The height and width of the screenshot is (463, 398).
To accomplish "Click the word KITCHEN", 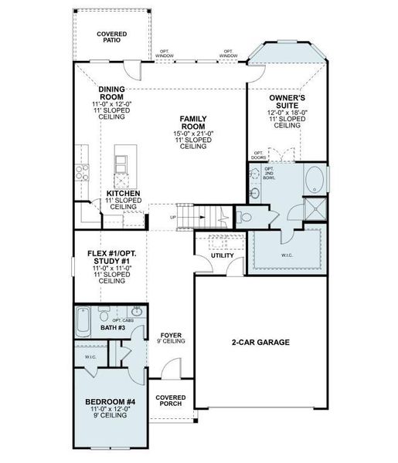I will pyautogui.click(x=123, y=193).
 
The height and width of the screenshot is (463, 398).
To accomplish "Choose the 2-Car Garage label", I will pyautogui.click(x=260, y=341).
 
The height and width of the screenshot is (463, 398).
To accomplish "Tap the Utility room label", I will pyautogui.click(x=223, y=255).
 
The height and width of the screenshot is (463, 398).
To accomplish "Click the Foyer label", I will pyautogui.click(x=170, y=336).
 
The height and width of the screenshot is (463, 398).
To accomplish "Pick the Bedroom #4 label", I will pyautogui.click(x=111, y=403).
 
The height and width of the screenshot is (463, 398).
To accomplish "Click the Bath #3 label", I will pyautogui.click(x=113, y=328).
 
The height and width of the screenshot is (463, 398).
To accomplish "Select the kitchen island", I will pyautogui.click(x=122, y=164).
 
